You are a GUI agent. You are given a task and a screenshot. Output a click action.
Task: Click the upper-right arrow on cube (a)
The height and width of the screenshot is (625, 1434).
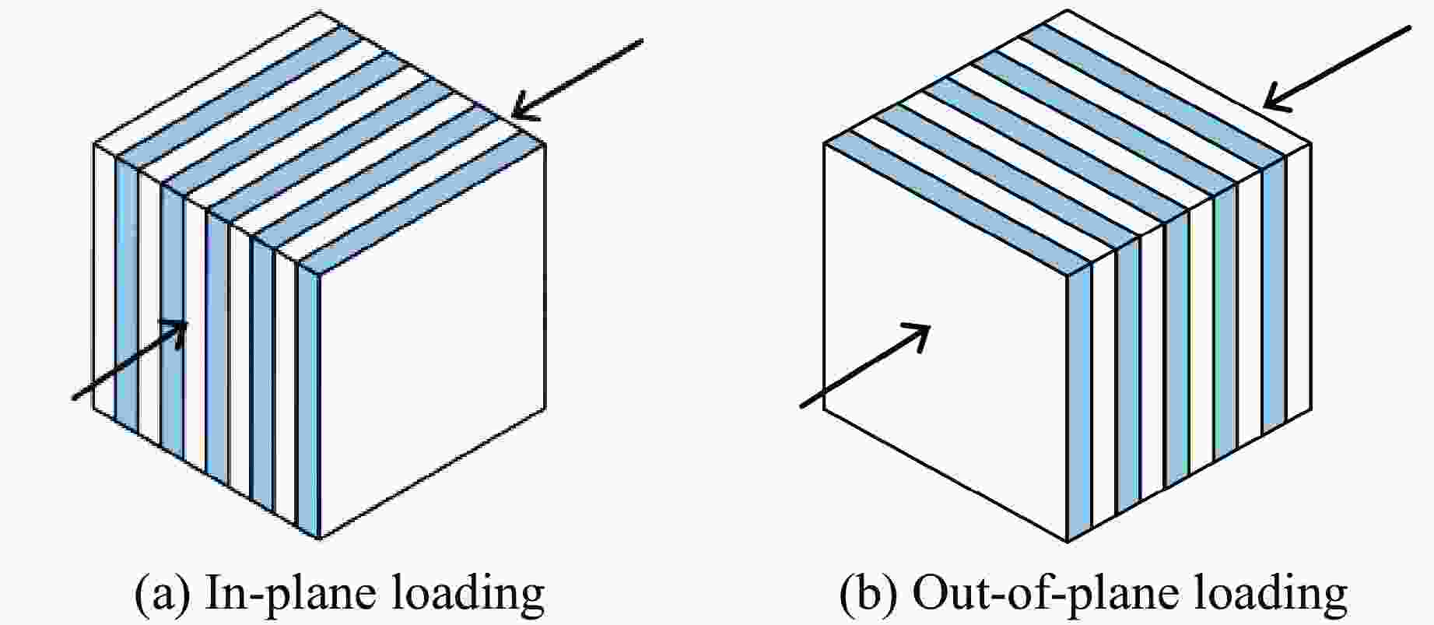point(578,78)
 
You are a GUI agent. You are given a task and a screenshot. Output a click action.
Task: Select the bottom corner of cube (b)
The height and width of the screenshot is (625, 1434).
point(1067,539)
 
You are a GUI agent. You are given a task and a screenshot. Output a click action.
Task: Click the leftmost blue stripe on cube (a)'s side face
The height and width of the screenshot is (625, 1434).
point(126,288)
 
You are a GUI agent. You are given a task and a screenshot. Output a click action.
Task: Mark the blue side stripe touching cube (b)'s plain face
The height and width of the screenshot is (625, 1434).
point(1078,405)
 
